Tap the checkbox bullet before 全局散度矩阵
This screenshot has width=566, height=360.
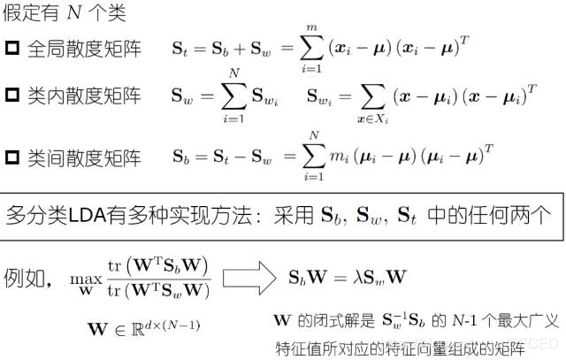click(x=12, y=49)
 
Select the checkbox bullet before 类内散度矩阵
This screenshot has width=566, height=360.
click(x=12, y=96)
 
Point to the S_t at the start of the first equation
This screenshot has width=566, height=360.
click(x=179, y=49)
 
